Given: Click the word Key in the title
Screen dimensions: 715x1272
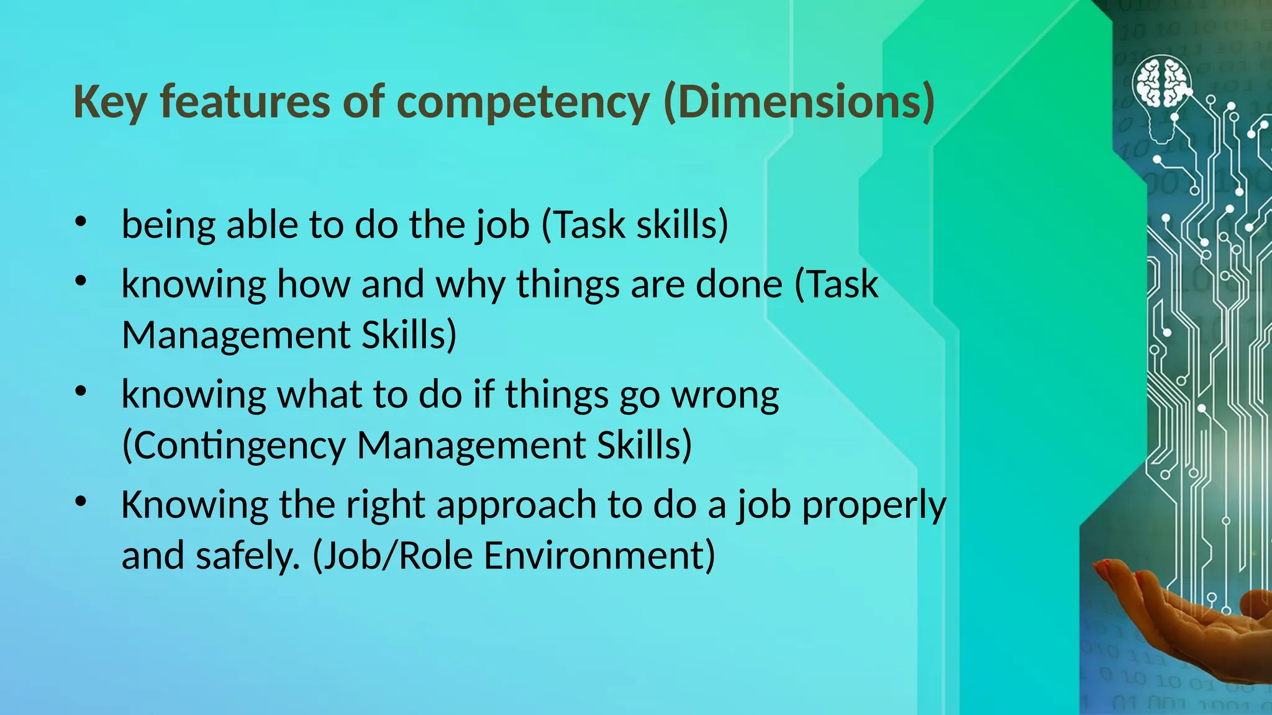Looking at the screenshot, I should point(111,102).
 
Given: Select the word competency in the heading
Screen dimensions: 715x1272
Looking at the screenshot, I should point(523,102).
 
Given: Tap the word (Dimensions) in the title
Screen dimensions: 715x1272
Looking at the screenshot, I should point(799,102).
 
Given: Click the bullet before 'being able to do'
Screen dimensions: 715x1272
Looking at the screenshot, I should point(80,222).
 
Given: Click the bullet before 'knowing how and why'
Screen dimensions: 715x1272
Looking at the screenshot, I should point(80,282).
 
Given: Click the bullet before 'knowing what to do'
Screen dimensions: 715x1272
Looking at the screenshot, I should point(80,392).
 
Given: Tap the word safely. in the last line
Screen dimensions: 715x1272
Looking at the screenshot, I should point(248,555).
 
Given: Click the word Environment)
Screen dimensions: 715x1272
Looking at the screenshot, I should point(599,555).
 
